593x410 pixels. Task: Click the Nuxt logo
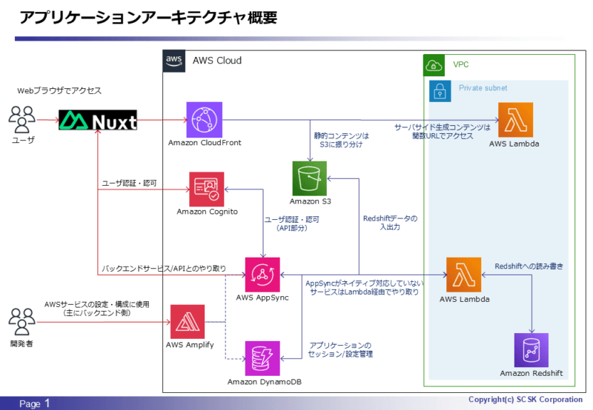pos(99,120)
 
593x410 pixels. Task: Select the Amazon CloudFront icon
pos(204,119)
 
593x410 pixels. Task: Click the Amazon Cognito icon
pos(208,189)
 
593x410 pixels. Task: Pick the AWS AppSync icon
pos(262,275)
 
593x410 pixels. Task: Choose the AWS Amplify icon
pos(188,322)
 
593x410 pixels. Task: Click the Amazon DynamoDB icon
pos(262,358)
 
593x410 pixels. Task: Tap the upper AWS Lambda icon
pos(515,120)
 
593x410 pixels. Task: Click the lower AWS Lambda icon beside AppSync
pos(463,275)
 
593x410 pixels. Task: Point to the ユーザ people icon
pos(22,118)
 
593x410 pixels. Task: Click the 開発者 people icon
pos(22,322)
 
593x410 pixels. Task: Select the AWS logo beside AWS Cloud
pos(173,61)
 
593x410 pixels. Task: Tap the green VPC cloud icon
pos(434,65)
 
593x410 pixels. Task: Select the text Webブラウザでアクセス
pos(59,90)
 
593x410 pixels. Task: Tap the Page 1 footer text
pos(36,403)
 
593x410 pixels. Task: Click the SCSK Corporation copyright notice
pos(526,400)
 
